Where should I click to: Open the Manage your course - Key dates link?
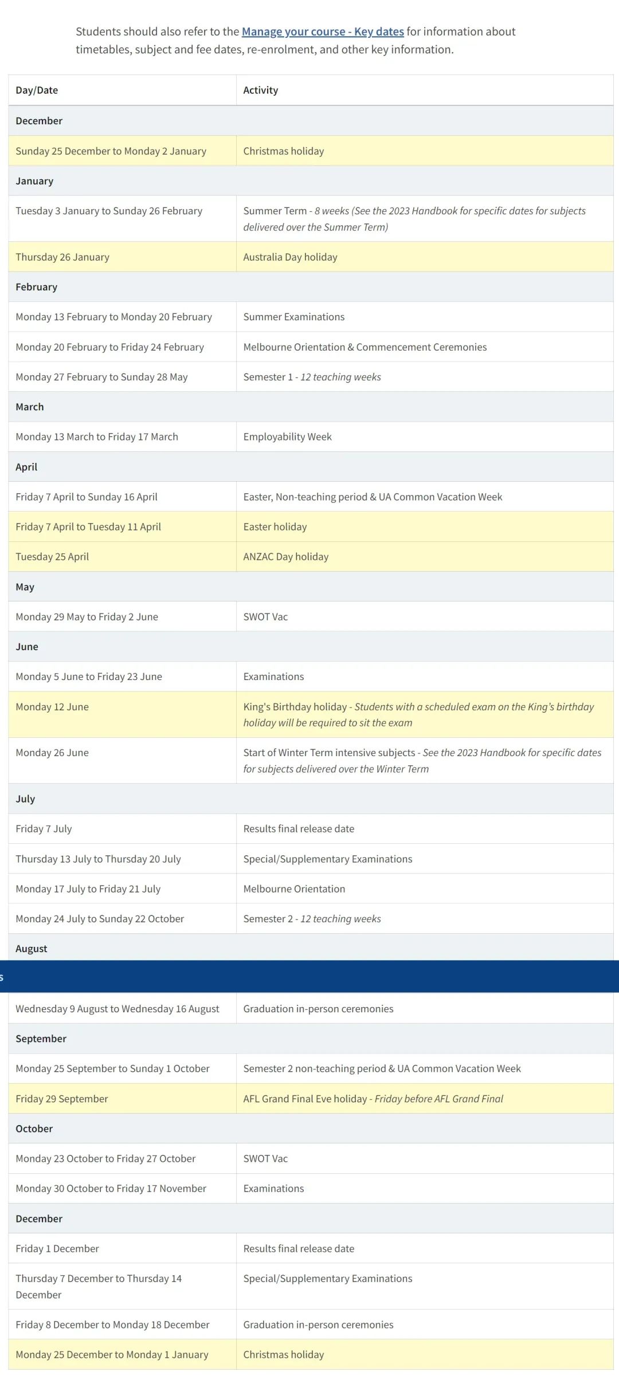[x=323, y=32]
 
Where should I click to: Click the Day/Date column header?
[x=37, y=90]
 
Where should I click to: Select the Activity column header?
[x=260, y=90]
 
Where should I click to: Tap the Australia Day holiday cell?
[x=290, y=257]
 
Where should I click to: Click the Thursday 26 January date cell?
[x=62, y=257]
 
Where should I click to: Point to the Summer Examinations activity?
[x=293, y=317]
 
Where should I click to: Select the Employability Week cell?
[x=287, y=437]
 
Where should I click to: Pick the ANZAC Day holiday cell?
[x=285, y=556]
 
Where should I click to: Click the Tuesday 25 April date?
[x=52, y=556]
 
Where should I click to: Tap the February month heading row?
[x=36, y=287]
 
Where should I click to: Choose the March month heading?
[x=30, y=407]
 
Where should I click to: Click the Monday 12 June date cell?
[x=52, y=707]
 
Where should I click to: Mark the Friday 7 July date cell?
[x=44, y=828]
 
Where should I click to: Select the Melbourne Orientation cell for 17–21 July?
[x=294, y=888]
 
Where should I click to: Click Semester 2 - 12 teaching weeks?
[x=312, y=918]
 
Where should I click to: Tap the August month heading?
[x=32, y=949]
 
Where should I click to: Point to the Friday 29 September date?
[x=62, y=1099]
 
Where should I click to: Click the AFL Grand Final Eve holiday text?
[x=305, y=1099]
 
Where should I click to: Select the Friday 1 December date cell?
[x=57, y=1248]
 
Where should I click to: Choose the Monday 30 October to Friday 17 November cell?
[x=111, y=1188]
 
